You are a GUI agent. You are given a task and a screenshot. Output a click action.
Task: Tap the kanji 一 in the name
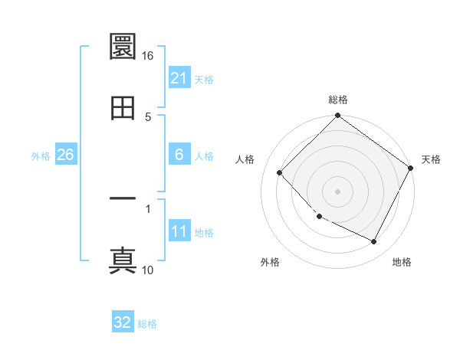click(123, 199)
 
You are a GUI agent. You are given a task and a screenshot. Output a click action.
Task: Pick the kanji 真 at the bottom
click(123, 260)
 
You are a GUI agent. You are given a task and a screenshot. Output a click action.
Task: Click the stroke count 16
click(147, 56)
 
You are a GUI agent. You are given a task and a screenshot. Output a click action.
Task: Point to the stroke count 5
click(148, 116)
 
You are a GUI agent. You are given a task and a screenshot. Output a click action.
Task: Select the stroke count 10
click(148, 270)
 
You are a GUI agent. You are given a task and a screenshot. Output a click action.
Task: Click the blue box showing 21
click(179, 78)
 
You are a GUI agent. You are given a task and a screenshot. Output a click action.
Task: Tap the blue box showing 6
click(179, 155)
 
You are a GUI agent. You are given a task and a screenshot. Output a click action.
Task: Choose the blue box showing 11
click(179, 231)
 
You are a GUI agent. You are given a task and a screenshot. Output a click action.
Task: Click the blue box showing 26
click(65, 155)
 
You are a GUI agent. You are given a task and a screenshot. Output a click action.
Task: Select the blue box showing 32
click(123, 322)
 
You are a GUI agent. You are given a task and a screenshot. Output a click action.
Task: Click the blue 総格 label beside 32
click(147, 324)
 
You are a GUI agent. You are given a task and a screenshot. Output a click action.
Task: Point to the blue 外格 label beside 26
click(41, 156)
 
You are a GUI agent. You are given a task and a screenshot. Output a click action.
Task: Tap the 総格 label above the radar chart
click(338, 100)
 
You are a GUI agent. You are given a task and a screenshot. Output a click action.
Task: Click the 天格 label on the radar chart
click(432, 159)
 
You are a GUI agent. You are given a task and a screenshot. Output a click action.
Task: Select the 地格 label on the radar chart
click(402, 262)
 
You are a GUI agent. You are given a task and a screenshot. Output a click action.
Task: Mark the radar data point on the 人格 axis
click(280, 172)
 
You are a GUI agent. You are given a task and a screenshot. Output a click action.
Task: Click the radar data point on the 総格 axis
click(338, 116)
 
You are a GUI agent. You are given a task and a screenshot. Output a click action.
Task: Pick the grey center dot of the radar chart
click(338, 191)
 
